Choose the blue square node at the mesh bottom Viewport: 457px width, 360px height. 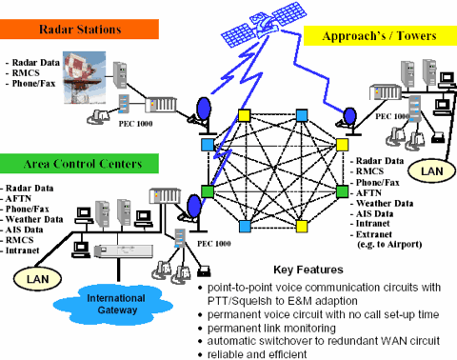[246, 227]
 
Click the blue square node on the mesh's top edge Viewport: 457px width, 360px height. [302, 116]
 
